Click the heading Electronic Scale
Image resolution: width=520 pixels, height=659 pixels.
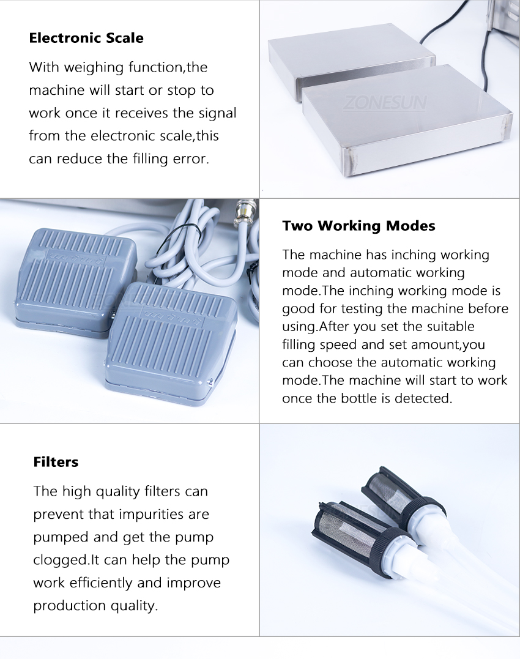pos(86,38)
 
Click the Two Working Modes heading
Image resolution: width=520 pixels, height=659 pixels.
pos(358,226)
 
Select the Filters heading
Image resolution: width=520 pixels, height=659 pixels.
pos(56,462)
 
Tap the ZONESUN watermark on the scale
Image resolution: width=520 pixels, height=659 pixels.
pos(385,103)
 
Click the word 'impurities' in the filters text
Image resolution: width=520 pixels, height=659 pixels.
pos(153,515)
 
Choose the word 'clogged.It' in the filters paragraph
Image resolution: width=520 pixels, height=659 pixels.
pos(66,560)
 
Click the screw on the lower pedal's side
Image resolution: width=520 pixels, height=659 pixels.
pos(210,382)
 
